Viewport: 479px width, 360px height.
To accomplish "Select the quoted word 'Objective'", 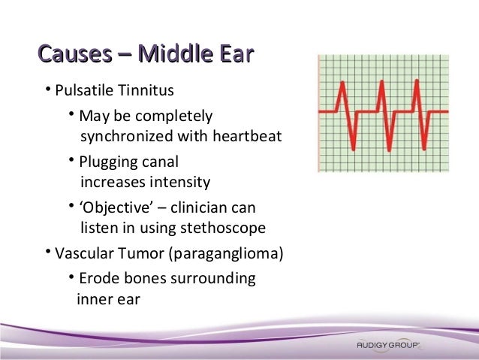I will pos(114,207).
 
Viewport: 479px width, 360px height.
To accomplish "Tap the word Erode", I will pos(98,279).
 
